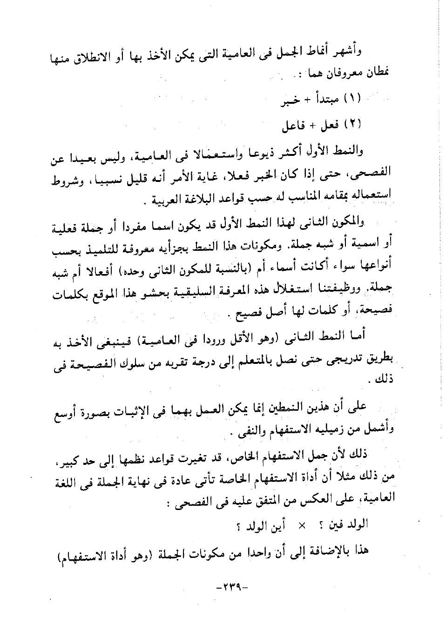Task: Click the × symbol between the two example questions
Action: coord(302,525)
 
